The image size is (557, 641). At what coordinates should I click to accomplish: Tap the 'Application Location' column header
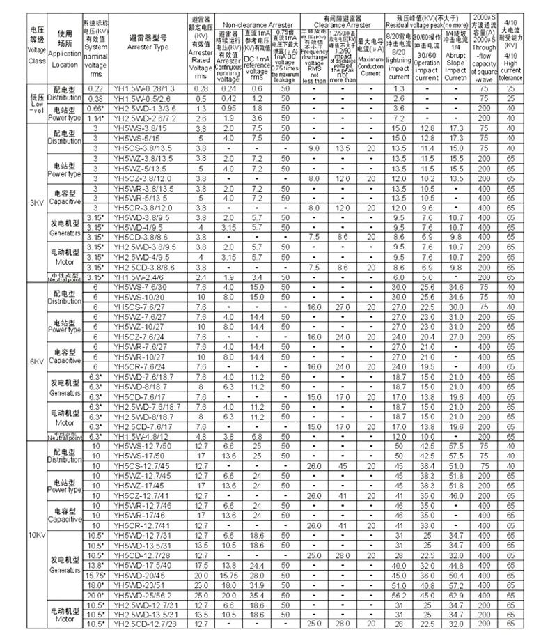(x=65, y=48)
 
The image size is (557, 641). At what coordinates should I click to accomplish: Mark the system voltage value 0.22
(x=95, y=89)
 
